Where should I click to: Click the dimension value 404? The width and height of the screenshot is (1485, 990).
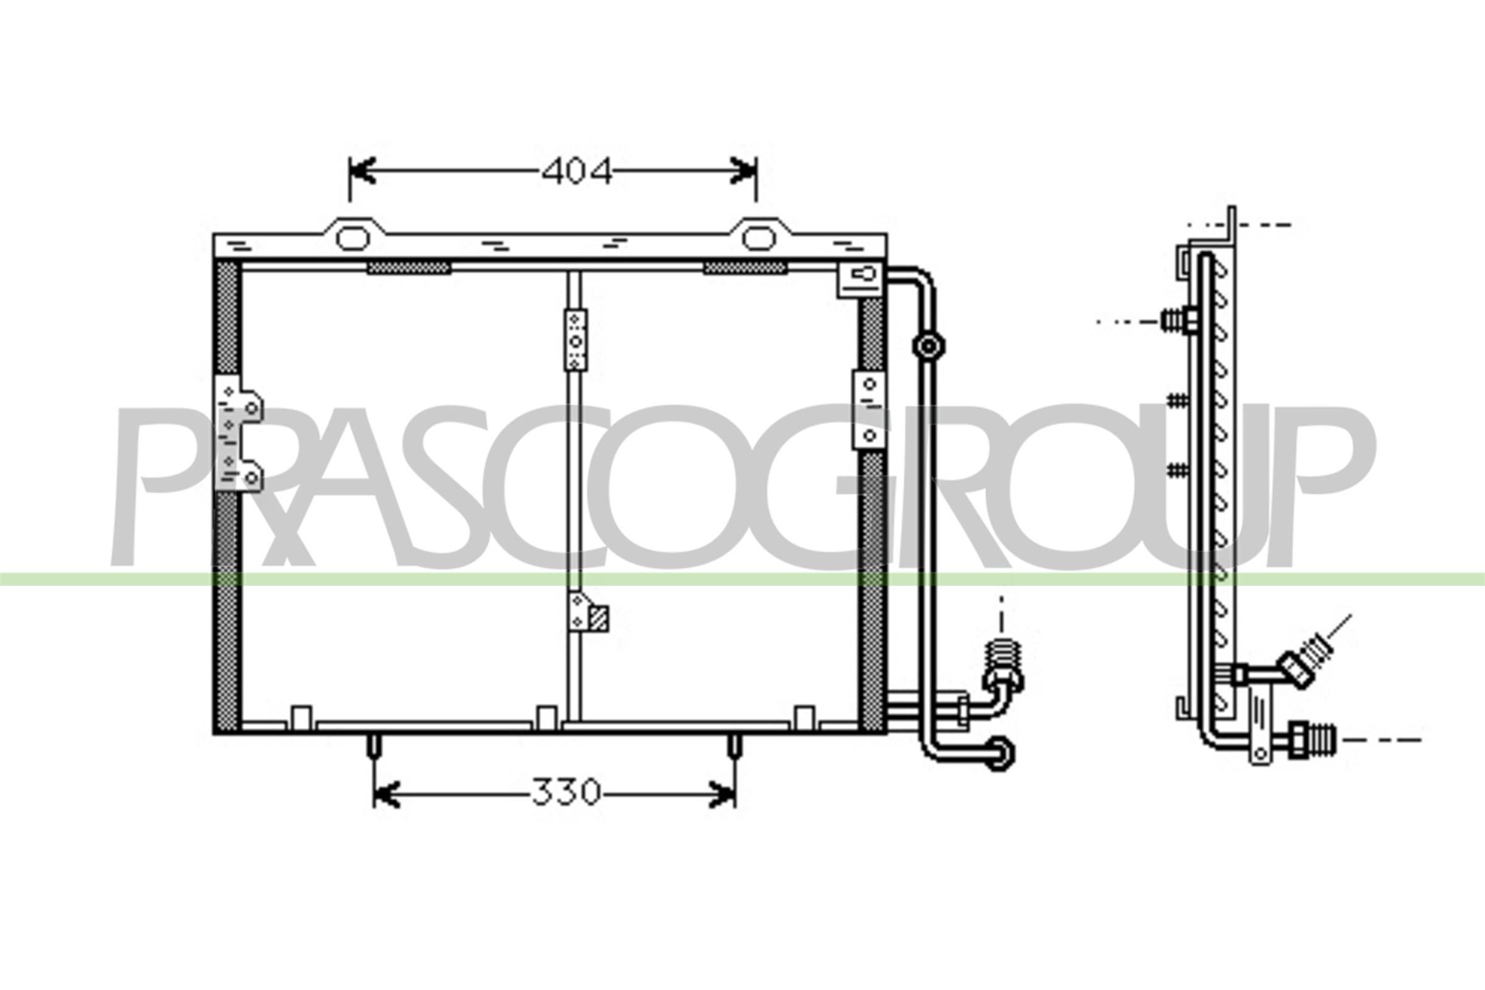(577, 171)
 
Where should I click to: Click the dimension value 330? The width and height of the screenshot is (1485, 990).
(566, 793)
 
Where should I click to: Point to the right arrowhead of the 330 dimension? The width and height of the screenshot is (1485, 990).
(721, 794)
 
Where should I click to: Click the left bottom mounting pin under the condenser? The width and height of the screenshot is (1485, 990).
(374, 746)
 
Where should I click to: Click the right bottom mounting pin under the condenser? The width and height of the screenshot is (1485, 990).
(734, 746)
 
